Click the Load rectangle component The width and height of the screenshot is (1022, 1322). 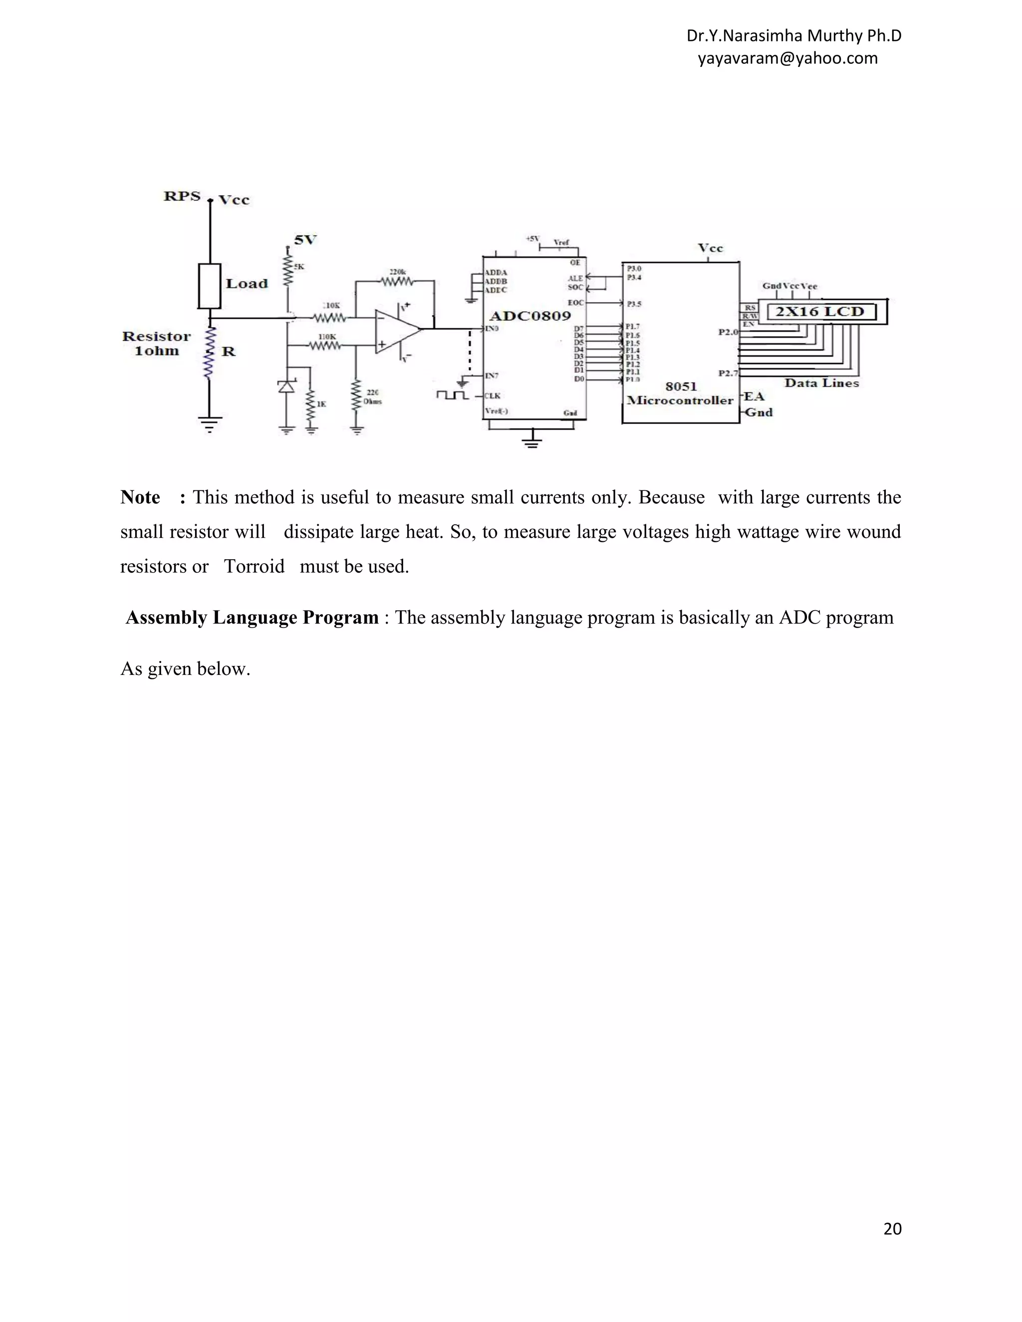(210, 286)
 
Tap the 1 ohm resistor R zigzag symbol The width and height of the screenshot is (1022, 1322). (210, 353)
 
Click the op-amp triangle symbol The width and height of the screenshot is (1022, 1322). (395, 330)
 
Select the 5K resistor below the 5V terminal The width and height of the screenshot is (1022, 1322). (287, 272)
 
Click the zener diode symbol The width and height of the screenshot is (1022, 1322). (286, 386)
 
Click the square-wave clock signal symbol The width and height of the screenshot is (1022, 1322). (452, 395)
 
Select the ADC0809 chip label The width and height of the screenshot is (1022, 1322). (530, 316)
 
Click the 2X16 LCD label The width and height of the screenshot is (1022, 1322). (820, 312)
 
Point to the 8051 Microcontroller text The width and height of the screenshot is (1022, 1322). (681, 394)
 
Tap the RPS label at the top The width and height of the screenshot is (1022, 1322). (182, 196)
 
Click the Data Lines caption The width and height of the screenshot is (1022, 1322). (821, 383)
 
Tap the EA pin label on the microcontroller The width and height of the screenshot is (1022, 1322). (754, 397)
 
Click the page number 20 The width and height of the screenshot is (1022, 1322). (892, 1228)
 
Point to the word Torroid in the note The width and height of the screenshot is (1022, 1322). (254, 567)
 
